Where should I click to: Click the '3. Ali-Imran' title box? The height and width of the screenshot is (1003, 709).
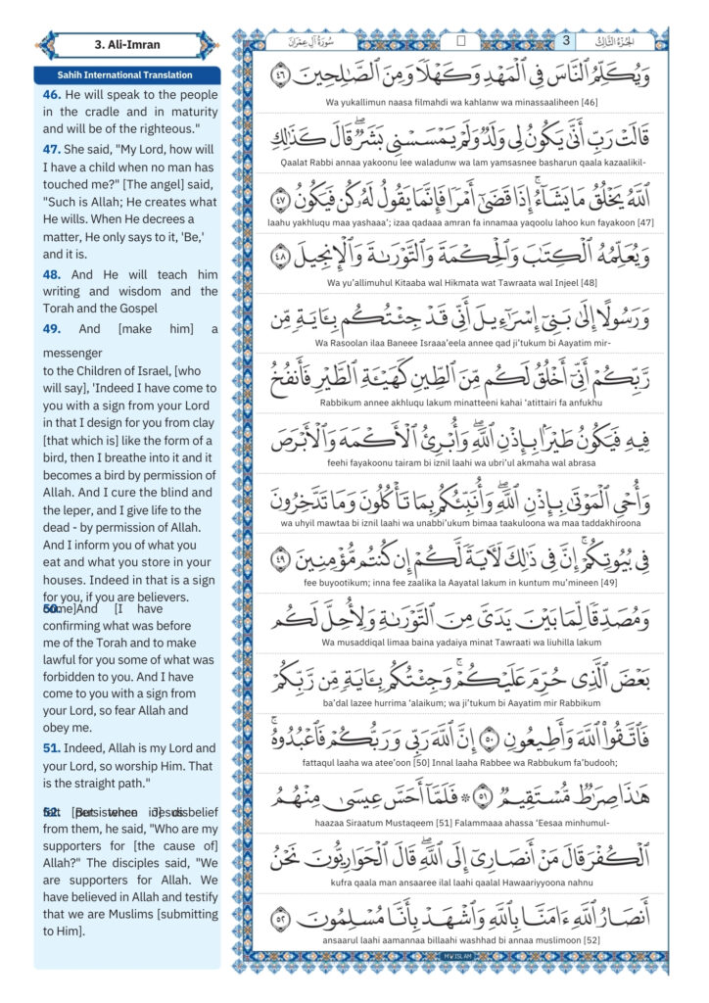pyautogui.click(x=126, y=44)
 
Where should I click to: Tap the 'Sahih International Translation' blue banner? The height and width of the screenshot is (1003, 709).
pyautogui.click(x=126, y=75)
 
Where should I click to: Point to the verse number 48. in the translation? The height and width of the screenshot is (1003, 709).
pyautogui.click(x=51, y=275)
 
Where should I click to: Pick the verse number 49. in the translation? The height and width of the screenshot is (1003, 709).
pyautogui.click(x=51, y=329)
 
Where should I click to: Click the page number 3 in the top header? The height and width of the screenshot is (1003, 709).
pyautogui.click(x=565, y=41)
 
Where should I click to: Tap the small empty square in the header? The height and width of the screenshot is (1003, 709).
pyautogui.click(x=461, y=42)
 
